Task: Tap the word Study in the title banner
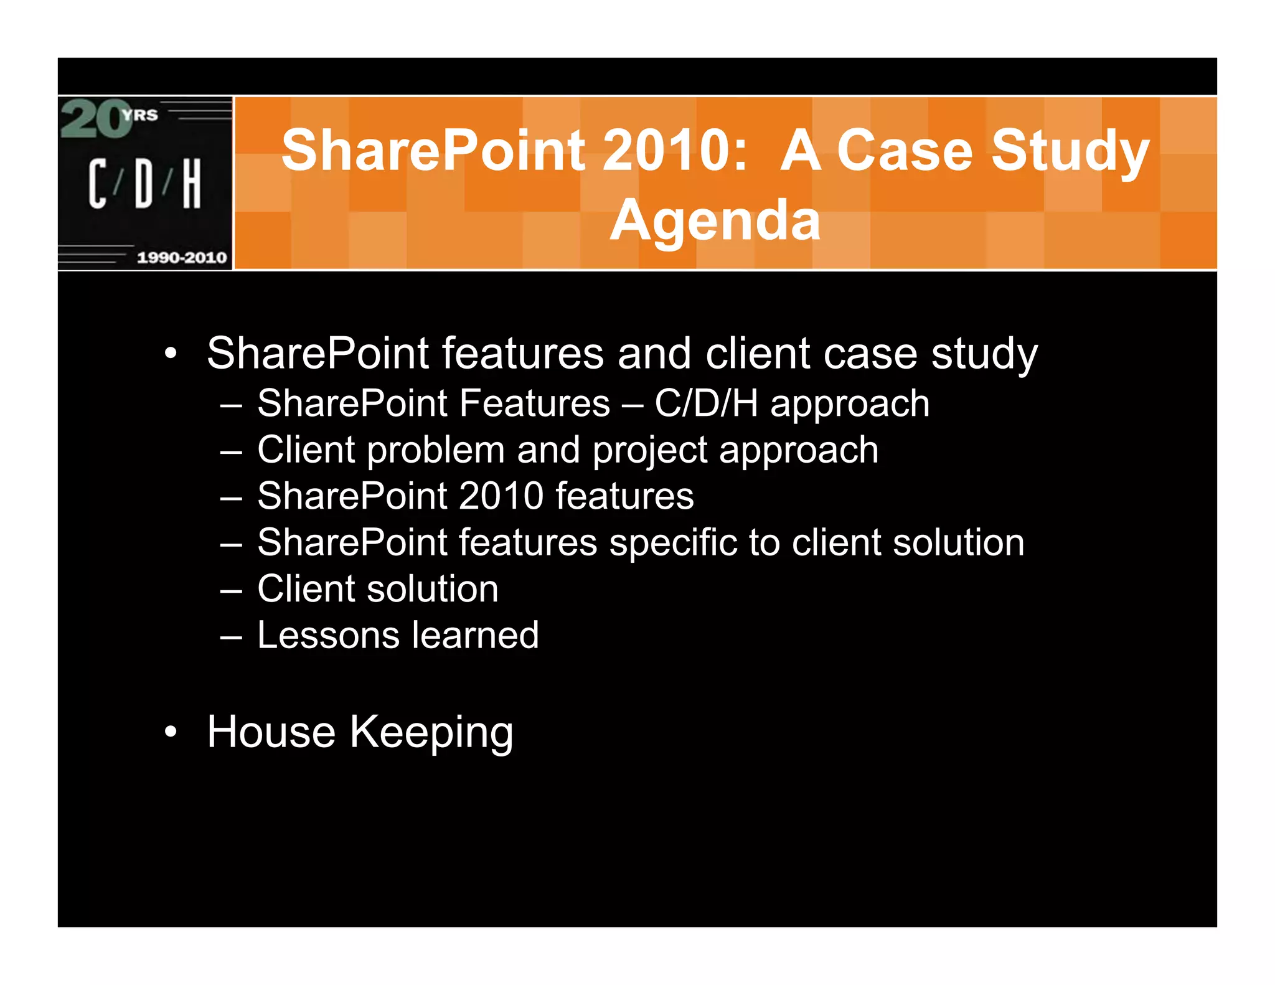pyautogui.click(x=1070, y=152)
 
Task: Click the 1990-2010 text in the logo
pyautogui.click(x=181, y=257)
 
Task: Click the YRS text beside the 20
pyautogui.click(x=141, y=115)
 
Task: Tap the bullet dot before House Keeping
pyautogui.click(x=171, y=732)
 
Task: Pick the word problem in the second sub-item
pyautogui.click(x=435, y=450)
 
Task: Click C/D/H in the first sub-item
pyautogui.click(x=705, y=403)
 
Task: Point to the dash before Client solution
pyautogui.click(x=231, y=590)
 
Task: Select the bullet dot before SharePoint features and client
pyautogui.click(x=171, y=354)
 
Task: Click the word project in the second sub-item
pyautogui.click(x=649, y=450)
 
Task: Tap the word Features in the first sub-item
pyautogui.click(x=535, y=403)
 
